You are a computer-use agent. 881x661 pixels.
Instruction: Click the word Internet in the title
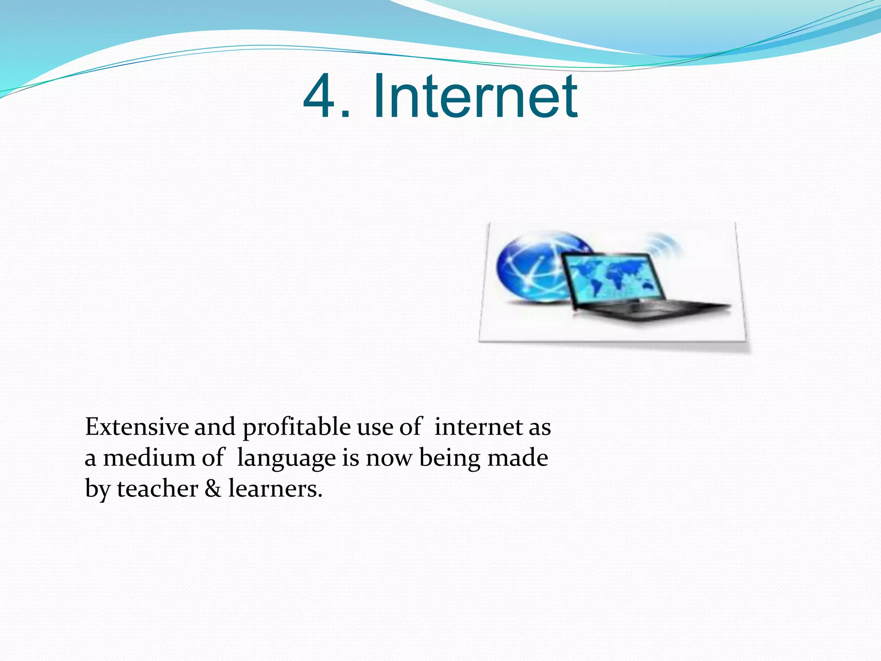(x=475, y=96)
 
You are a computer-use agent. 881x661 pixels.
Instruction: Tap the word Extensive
(x=137, y=427)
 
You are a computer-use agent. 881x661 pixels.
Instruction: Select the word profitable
(x=296, y=428)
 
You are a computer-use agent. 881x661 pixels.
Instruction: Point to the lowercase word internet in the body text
(x=478, y=427)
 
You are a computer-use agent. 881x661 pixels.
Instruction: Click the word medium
(x=149, y=457)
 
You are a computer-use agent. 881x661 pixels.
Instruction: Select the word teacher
(x=157, y=489)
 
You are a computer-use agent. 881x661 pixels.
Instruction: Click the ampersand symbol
(x=213, y=489)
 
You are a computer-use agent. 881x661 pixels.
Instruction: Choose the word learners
(x=275, y=489)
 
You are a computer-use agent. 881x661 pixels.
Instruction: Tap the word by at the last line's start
(x=98, y=490)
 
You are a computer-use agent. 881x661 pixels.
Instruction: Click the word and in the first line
(x=215, y=427)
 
